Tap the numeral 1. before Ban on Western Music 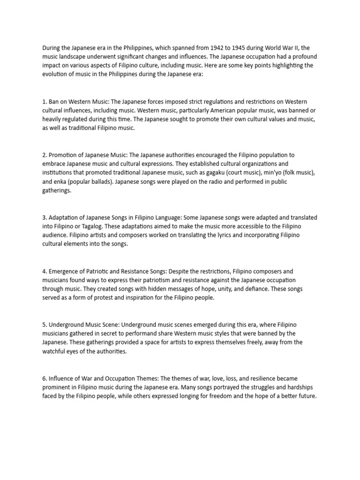click(45, 102)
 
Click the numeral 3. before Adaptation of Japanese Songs click(45, 218)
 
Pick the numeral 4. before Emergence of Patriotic click(45, 271)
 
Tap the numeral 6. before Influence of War click(45, 378)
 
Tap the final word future click(307, 396)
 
